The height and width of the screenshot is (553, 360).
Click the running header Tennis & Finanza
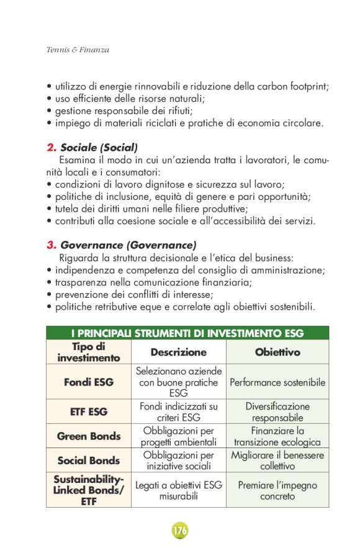78,50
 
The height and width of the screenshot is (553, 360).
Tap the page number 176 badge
180,531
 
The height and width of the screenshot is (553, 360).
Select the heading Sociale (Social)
99,148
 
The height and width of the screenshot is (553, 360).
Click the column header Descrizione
178,352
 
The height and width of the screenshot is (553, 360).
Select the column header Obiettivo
277,352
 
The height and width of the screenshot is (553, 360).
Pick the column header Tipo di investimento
89,352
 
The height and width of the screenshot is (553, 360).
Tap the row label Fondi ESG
89,382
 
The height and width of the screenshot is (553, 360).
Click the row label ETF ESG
89,411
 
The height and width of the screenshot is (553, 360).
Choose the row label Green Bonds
89,436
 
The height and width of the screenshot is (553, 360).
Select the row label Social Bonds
89,461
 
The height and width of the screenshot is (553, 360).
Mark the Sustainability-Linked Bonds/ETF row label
89,490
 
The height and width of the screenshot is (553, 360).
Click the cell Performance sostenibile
277,382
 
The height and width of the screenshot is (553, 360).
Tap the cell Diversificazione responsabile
277,412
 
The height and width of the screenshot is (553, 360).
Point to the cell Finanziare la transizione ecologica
277,436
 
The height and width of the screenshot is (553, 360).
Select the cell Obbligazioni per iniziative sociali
178,461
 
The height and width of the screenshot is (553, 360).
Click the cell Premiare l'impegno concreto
277,490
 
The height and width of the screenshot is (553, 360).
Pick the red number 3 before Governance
51,245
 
